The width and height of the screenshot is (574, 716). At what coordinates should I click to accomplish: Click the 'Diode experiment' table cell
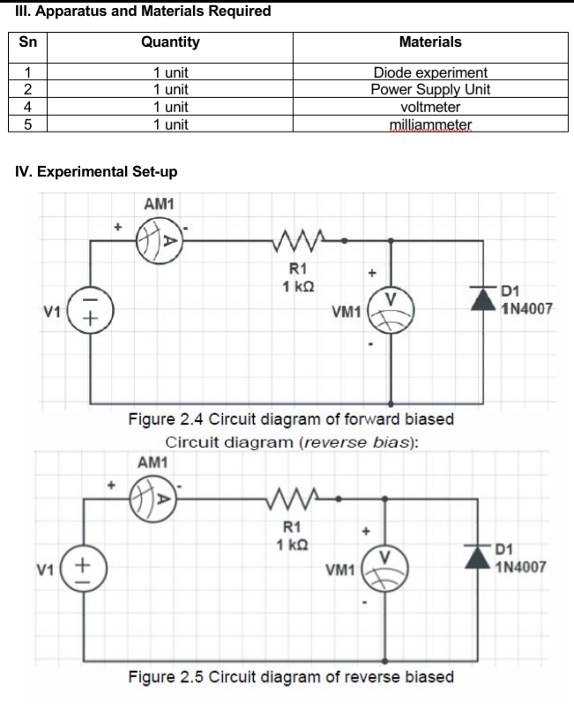[x=430, y=72]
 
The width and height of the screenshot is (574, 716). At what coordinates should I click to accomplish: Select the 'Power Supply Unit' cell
[x=430, y=89]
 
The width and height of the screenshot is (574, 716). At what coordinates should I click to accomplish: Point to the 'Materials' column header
[x=430, y=41]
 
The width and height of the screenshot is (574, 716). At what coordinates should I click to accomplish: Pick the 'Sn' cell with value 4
[x=26, y=107]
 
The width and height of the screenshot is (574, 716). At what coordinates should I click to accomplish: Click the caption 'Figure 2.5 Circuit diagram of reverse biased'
[x=292, y=677]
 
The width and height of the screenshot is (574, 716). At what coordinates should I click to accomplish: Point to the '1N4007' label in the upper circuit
[x=526, y=310]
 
